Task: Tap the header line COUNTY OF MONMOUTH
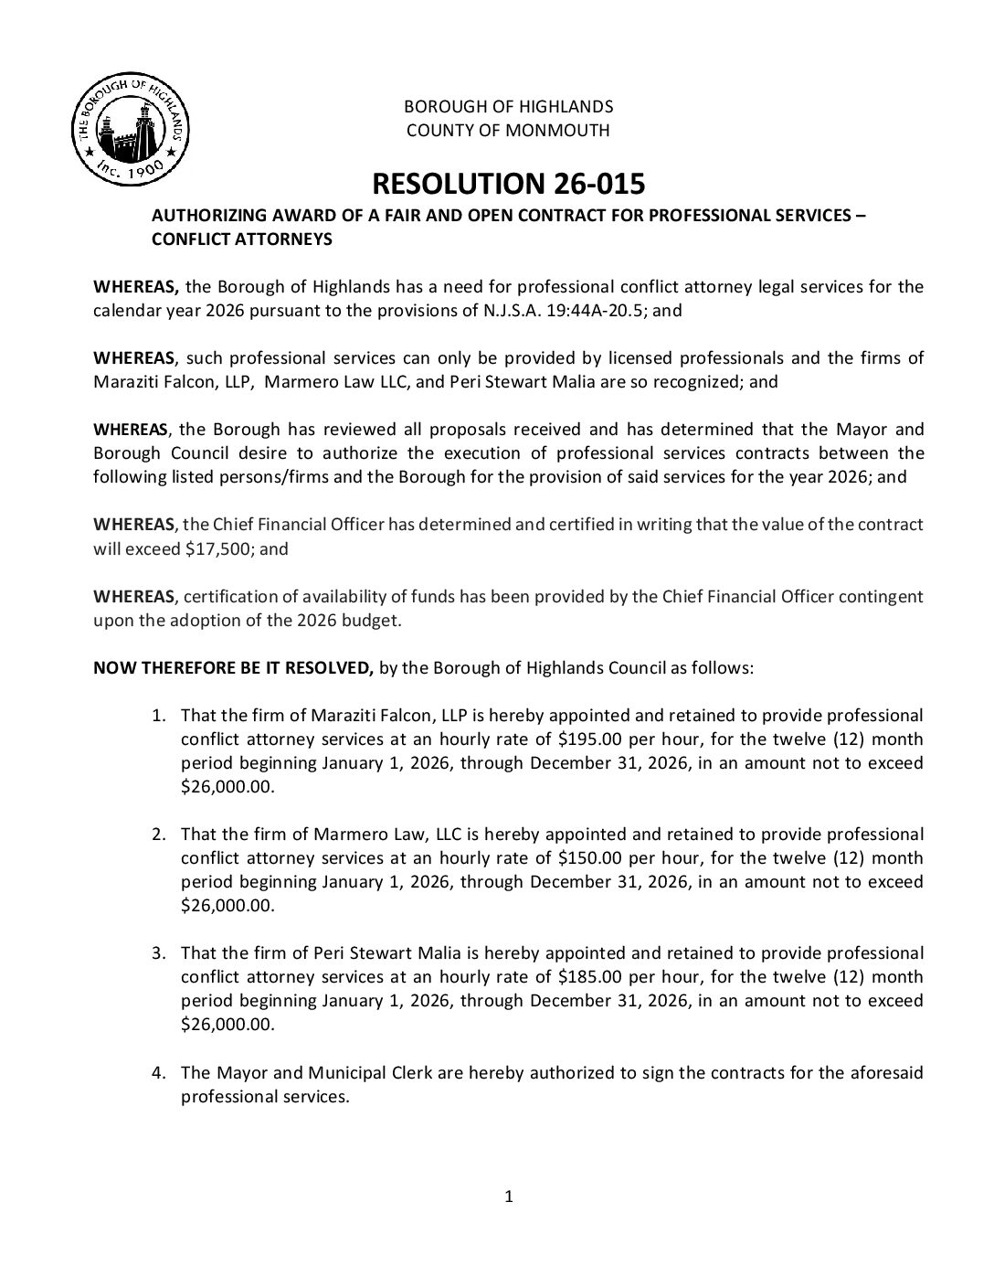(x=508, y=130)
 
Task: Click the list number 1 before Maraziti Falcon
(x=158, y=715)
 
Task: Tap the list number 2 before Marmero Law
(x=158, y=834)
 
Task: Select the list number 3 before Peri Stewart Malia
(x=158, y=952)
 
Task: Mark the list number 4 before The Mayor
(x=158, y=1072)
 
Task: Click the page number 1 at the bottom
(x=509, y=1196)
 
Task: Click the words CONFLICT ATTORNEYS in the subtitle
(x=241, y=240)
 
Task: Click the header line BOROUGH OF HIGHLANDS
(x=508, y=106)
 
